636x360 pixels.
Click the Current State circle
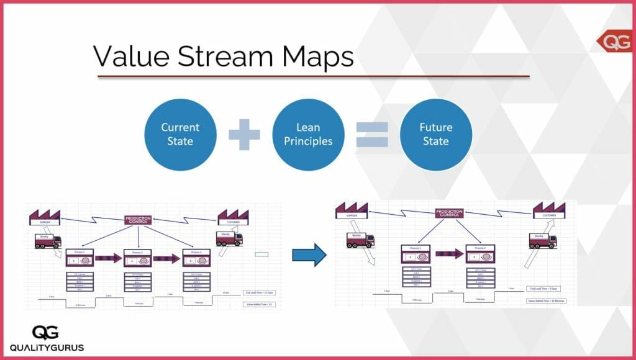click(180, 135)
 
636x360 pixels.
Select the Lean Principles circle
click(308, 135)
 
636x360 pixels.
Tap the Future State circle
click(436, 135)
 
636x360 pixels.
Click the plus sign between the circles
click(244, 135)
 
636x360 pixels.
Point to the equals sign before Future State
click(372, 135)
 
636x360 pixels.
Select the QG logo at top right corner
click(616, 41)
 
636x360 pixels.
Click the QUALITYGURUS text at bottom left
click(47, 347)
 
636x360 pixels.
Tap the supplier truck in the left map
click(48, 240)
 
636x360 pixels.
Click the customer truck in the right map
click(542, 240)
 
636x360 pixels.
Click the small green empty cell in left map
click(261, 254)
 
